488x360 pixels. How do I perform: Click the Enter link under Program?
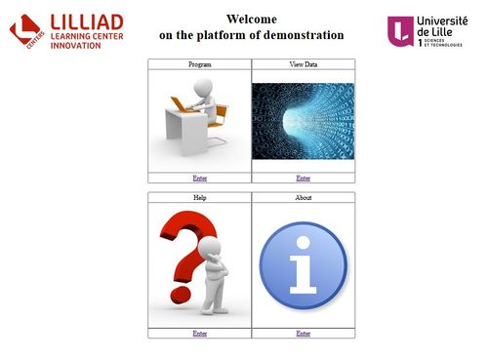(x=200, y=179)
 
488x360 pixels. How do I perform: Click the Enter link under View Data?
(x=304, y=179)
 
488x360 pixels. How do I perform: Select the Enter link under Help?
(x=200, y=334)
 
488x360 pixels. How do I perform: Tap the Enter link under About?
(x=304, y=334)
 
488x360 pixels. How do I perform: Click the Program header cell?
(x=200, y=64)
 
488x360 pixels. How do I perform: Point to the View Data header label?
(x=304, y=64)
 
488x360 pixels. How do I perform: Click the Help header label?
(x=200, y=198)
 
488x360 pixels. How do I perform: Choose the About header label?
(x=304, y=198)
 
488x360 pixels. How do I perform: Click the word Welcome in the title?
(x=251, y=19)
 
